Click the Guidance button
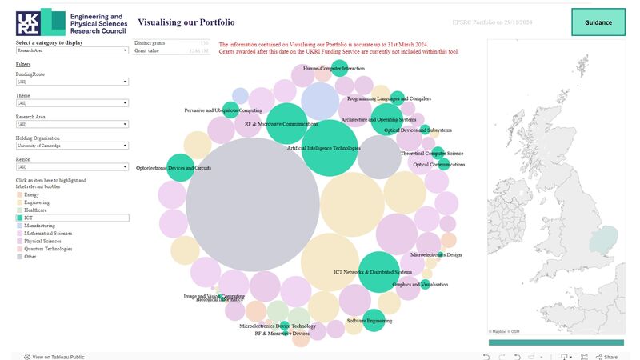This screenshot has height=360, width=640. tap(598, 22)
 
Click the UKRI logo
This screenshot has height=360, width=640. tap(41, 22)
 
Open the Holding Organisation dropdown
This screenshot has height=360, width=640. tap(72, 146)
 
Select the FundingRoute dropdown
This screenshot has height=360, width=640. tap(72, 82)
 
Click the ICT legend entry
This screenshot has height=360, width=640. tap(72, 218)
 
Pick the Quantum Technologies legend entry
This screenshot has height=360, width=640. tap(48, 249)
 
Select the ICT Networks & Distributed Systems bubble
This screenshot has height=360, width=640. tap(378, 271)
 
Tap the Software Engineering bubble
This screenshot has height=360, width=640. tap(374, 320)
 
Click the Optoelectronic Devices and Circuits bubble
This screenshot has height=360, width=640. tap(181, 168)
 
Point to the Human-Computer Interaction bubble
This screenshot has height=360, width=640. tap(339, 69)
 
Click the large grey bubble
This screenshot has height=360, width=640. tap(253, 205)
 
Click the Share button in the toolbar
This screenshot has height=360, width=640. tap(606, 357)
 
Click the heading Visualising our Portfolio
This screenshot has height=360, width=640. tap(186, 22)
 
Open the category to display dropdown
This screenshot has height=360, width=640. tap(72, 50)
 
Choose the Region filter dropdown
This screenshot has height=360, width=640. tap(72, 167)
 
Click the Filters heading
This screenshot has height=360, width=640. tap(24, 64)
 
